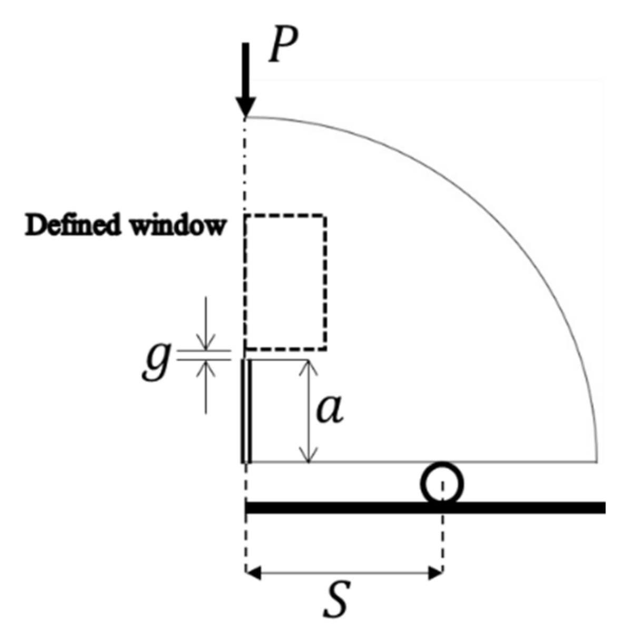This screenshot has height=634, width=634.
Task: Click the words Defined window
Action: [x=125, y=226]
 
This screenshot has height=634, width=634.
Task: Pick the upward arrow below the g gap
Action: [x=206, y=368]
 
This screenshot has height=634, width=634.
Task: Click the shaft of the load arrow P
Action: [x=245, y=68]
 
